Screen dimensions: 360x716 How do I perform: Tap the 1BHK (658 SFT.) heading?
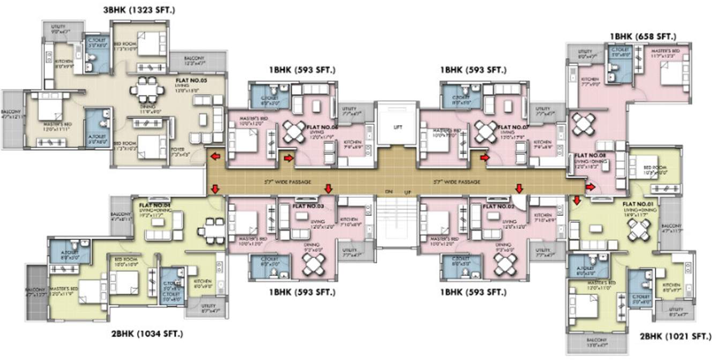[x=643, y=36]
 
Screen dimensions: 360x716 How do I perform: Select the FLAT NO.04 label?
[x=155, y=205]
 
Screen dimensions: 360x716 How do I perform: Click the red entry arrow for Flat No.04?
[x=215, y=188]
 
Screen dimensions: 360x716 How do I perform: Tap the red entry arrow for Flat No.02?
[x=519, y=188]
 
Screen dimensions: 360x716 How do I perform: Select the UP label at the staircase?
[x=407, y=192]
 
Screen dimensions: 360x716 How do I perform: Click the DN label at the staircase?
[x=389, y=191]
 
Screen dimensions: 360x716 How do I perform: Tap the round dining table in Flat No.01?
[x=639, y=229]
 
